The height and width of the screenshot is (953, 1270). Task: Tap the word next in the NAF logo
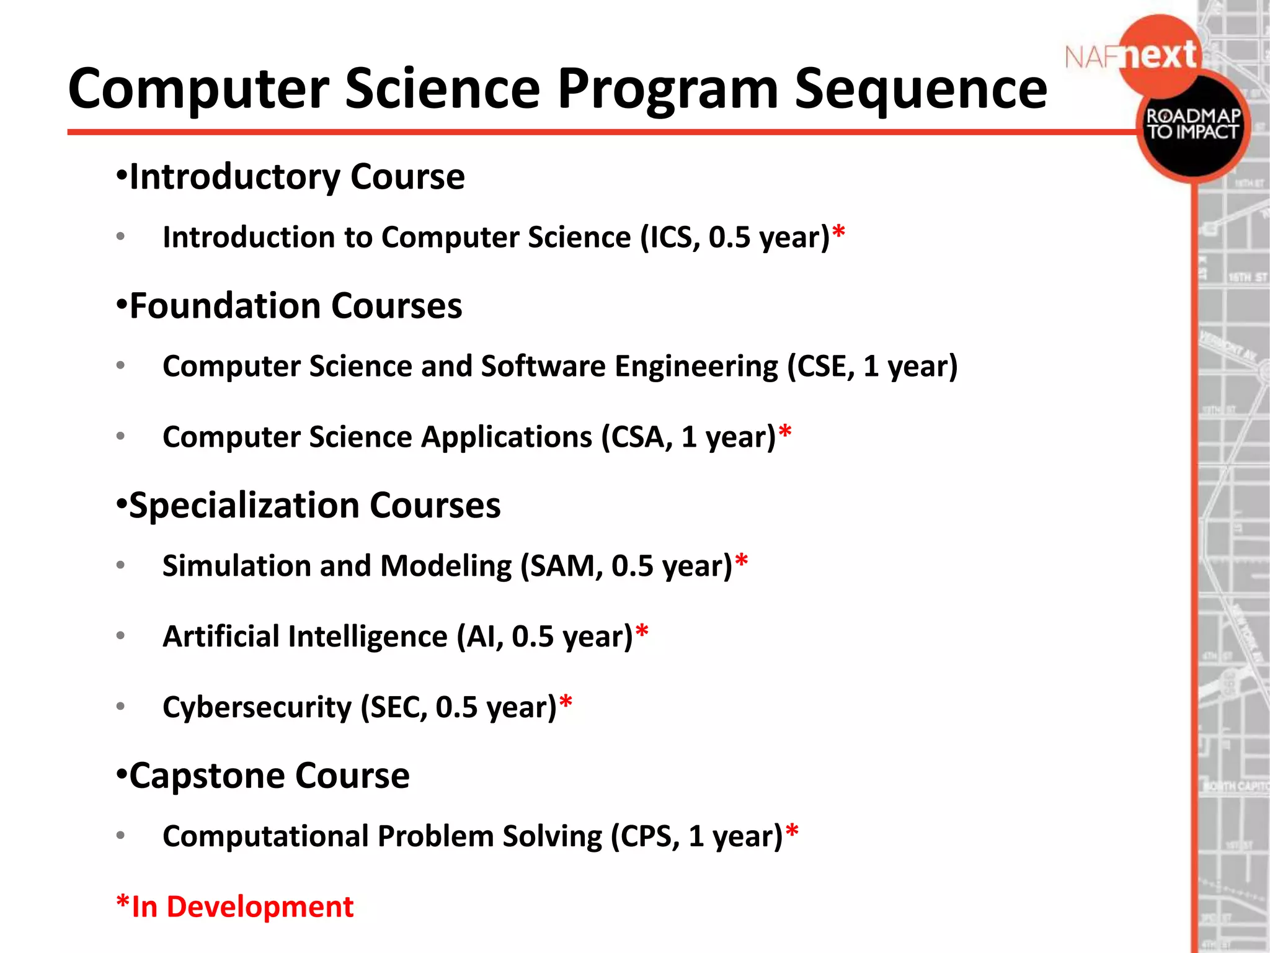pos(1160,56)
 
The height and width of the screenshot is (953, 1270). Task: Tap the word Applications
pos(507,437)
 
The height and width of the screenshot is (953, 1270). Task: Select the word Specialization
pos(243,505)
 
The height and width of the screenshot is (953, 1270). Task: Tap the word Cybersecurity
pos(257,707)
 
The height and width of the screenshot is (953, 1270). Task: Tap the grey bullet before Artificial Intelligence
pos(120,636)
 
